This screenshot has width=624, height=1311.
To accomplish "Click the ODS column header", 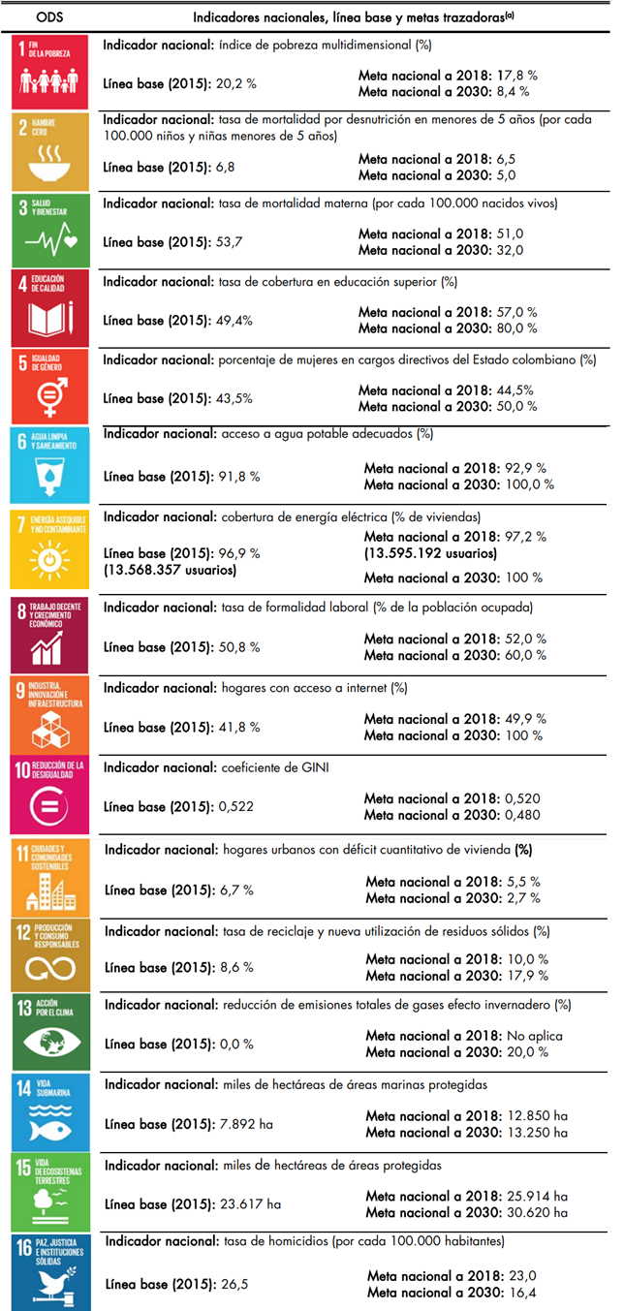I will tap(49, 16).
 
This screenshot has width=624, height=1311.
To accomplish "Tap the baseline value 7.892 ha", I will tap(244, 1124).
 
